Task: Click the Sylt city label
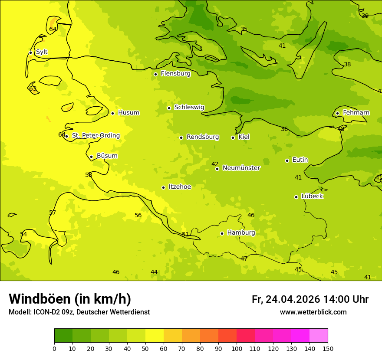click(42, 52)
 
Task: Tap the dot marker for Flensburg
click(155, 74)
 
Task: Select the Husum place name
click(128, 113)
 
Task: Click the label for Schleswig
click(189, 107)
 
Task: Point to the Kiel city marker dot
click(233, 137)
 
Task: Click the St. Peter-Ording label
click(95, 135)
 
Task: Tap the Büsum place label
click(107, 156)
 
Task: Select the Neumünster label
click(241, 168)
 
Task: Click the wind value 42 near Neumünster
click(215, 164)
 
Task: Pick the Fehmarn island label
click(356, 113)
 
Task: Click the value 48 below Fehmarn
click(341, 129)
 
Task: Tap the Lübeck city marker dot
click(296, 197)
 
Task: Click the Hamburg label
click(241, 233)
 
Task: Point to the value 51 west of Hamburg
click(185, 234)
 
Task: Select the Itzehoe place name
click(180, 187)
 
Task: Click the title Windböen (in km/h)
click(70, 299)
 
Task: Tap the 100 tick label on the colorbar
click(237, 348)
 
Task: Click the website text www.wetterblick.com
click(313, 312)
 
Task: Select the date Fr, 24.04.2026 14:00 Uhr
click(310, 299)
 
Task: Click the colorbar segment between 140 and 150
click(319, 336)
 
